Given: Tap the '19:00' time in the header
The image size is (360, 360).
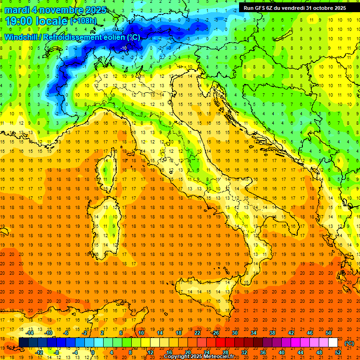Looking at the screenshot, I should pyautogui.click(x=19, y=21).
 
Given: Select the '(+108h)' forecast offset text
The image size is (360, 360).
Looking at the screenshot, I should pyautogui.click(x=83, y=21).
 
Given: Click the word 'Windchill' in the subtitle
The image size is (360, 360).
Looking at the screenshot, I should pyautogui.click(x=21, y=37).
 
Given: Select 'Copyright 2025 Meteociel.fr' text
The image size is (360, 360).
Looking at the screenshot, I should pyautogui.click(x=199, y=356).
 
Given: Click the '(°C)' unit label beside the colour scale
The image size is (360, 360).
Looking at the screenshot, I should pyautogui.click(x=349, y=343).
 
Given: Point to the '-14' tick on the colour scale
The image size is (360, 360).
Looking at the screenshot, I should pyautogui.click(x=30, y=333).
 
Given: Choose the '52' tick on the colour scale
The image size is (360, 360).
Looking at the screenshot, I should pyautogui.click(x=338, y=352).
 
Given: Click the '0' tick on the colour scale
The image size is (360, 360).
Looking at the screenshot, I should pyautogui.click(x=92, y=352).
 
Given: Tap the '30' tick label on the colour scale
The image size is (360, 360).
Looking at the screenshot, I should pyautogui.click(x=234, y=333).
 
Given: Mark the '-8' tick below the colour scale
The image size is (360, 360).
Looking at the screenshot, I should pyautogui.click(x=56, y=352).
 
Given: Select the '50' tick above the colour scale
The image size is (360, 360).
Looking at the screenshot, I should pyautogui.click(x=329, y=333).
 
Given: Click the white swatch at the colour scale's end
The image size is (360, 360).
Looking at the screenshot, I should pyautogui.click(x=333, y=342).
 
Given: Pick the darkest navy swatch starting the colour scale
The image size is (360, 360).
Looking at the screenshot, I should pyautogui.click(x=23, y=342).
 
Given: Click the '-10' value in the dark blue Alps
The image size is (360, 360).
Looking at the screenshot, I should pyautogui.click(x=124, y=48).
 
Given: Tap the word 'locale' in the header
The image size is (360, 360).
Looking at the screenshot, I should pyautogui.click(x=51, y=21).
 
